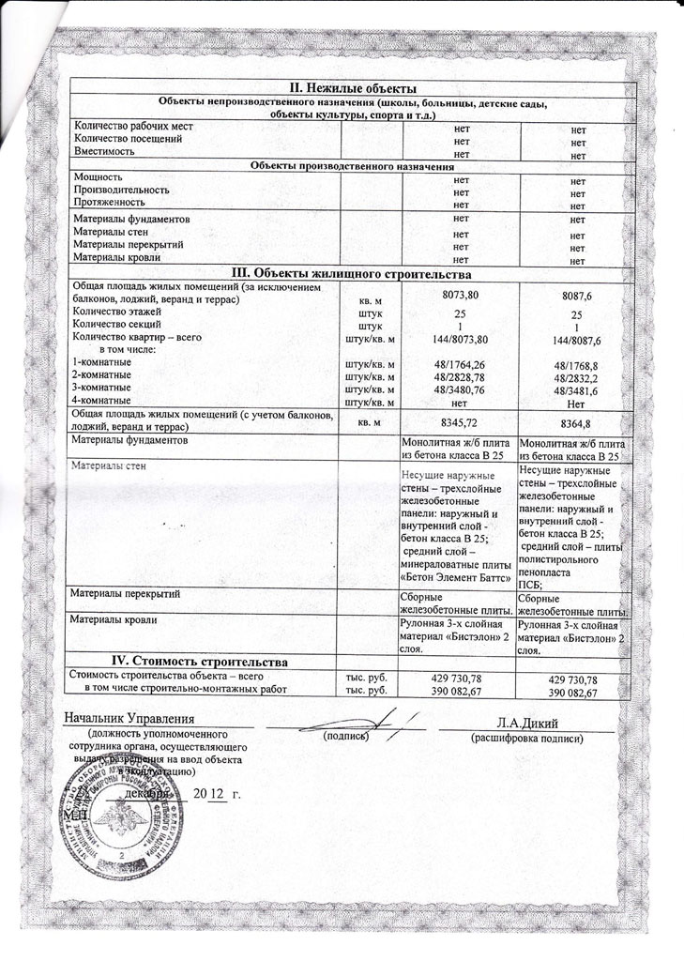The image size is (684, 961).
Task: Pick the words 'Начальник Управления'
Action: tap(135, 720)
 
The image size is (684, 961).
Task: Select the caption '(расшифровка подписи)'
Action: tap(527, 739)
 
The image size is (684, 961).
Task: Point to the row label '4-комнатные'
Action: tap(102, 401)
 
